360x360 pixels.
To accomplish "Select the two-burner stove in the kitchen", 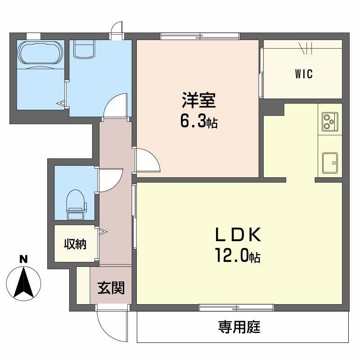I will [x=330, y=121].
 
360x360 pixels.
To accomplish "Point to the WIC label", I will [x=304, y=74].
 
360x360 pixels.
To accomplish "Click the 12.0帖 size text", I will [x=238, y=256].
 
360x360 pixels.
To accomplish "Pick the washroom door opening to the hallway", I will [x=116, y=104].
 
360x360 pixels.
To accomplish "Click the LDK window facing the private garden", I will [x=236, y=307].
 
